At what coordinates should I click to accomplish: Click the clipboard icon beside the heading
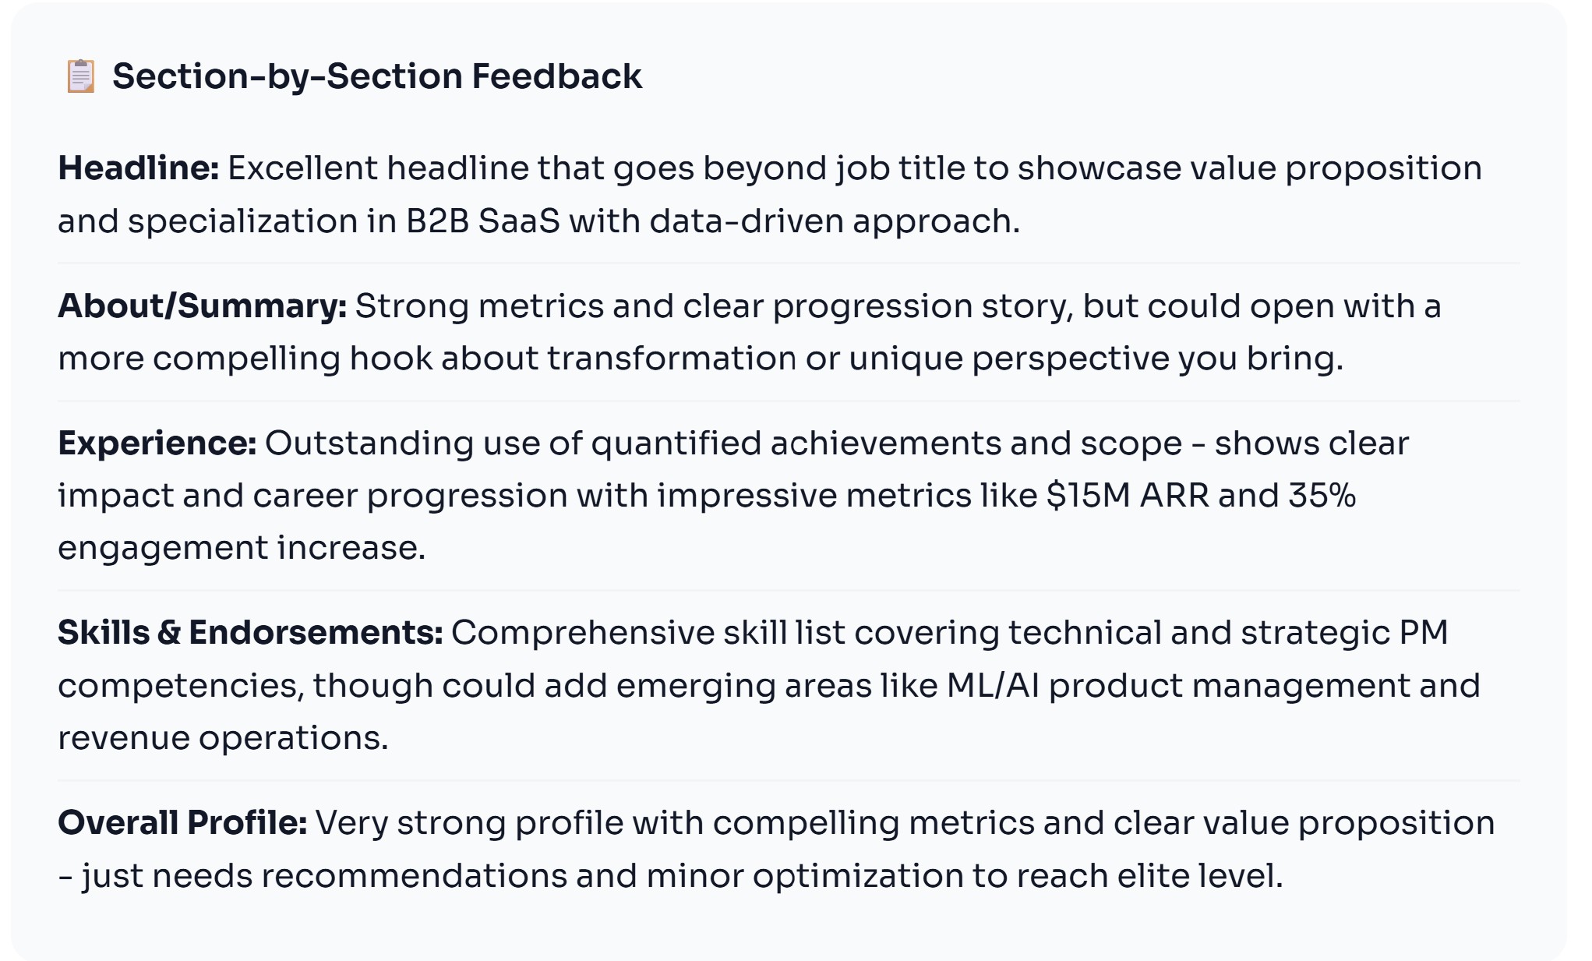pyautogui.click(x=80, y=76)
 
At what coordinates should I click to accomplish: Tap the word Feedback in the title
pyautogui.click(x=556, y=76)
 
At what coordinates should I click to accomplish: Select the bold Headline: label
pyautogui.click(x=139, y=168)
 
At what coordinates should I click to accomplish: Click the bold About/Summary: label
pyautogui.click(x=203, y=306)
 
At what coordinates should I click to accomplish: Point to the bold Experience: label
pyautogui.click(x=157, y=443)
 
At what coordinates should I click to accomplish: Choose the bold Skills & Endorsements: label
pyautogui.click(x=250, y=633)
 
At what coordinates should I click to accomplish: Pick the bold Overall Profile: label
pyautogui.click(x=182, y=823)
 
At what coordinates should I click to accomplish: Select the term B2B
pyautogui.click(x=437, y=221)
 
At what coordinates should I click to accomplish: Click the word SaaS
pyautogui.click(x=519, y=221)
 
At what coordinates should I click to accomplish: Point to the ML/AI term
pyautogui.click(x=993, y=686)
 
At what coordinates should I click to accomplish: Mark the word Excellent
pyautogui.click(x=302, y=168)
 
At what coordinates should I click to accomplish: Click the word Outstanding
pyautogui.click(x=369, y=443)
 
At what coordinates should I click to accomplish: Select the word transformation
pyautogui.click(x=671, y=359)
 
